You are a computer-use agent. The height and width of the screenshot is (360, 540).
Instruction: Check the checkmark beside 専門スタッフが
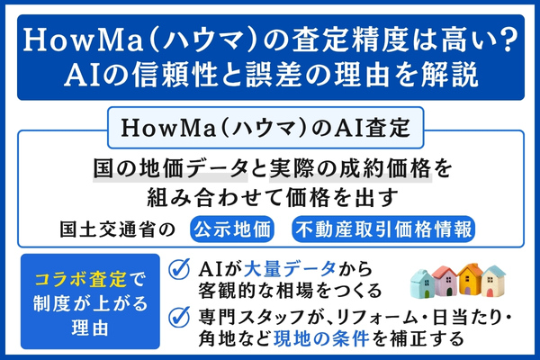coord(179,318)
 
